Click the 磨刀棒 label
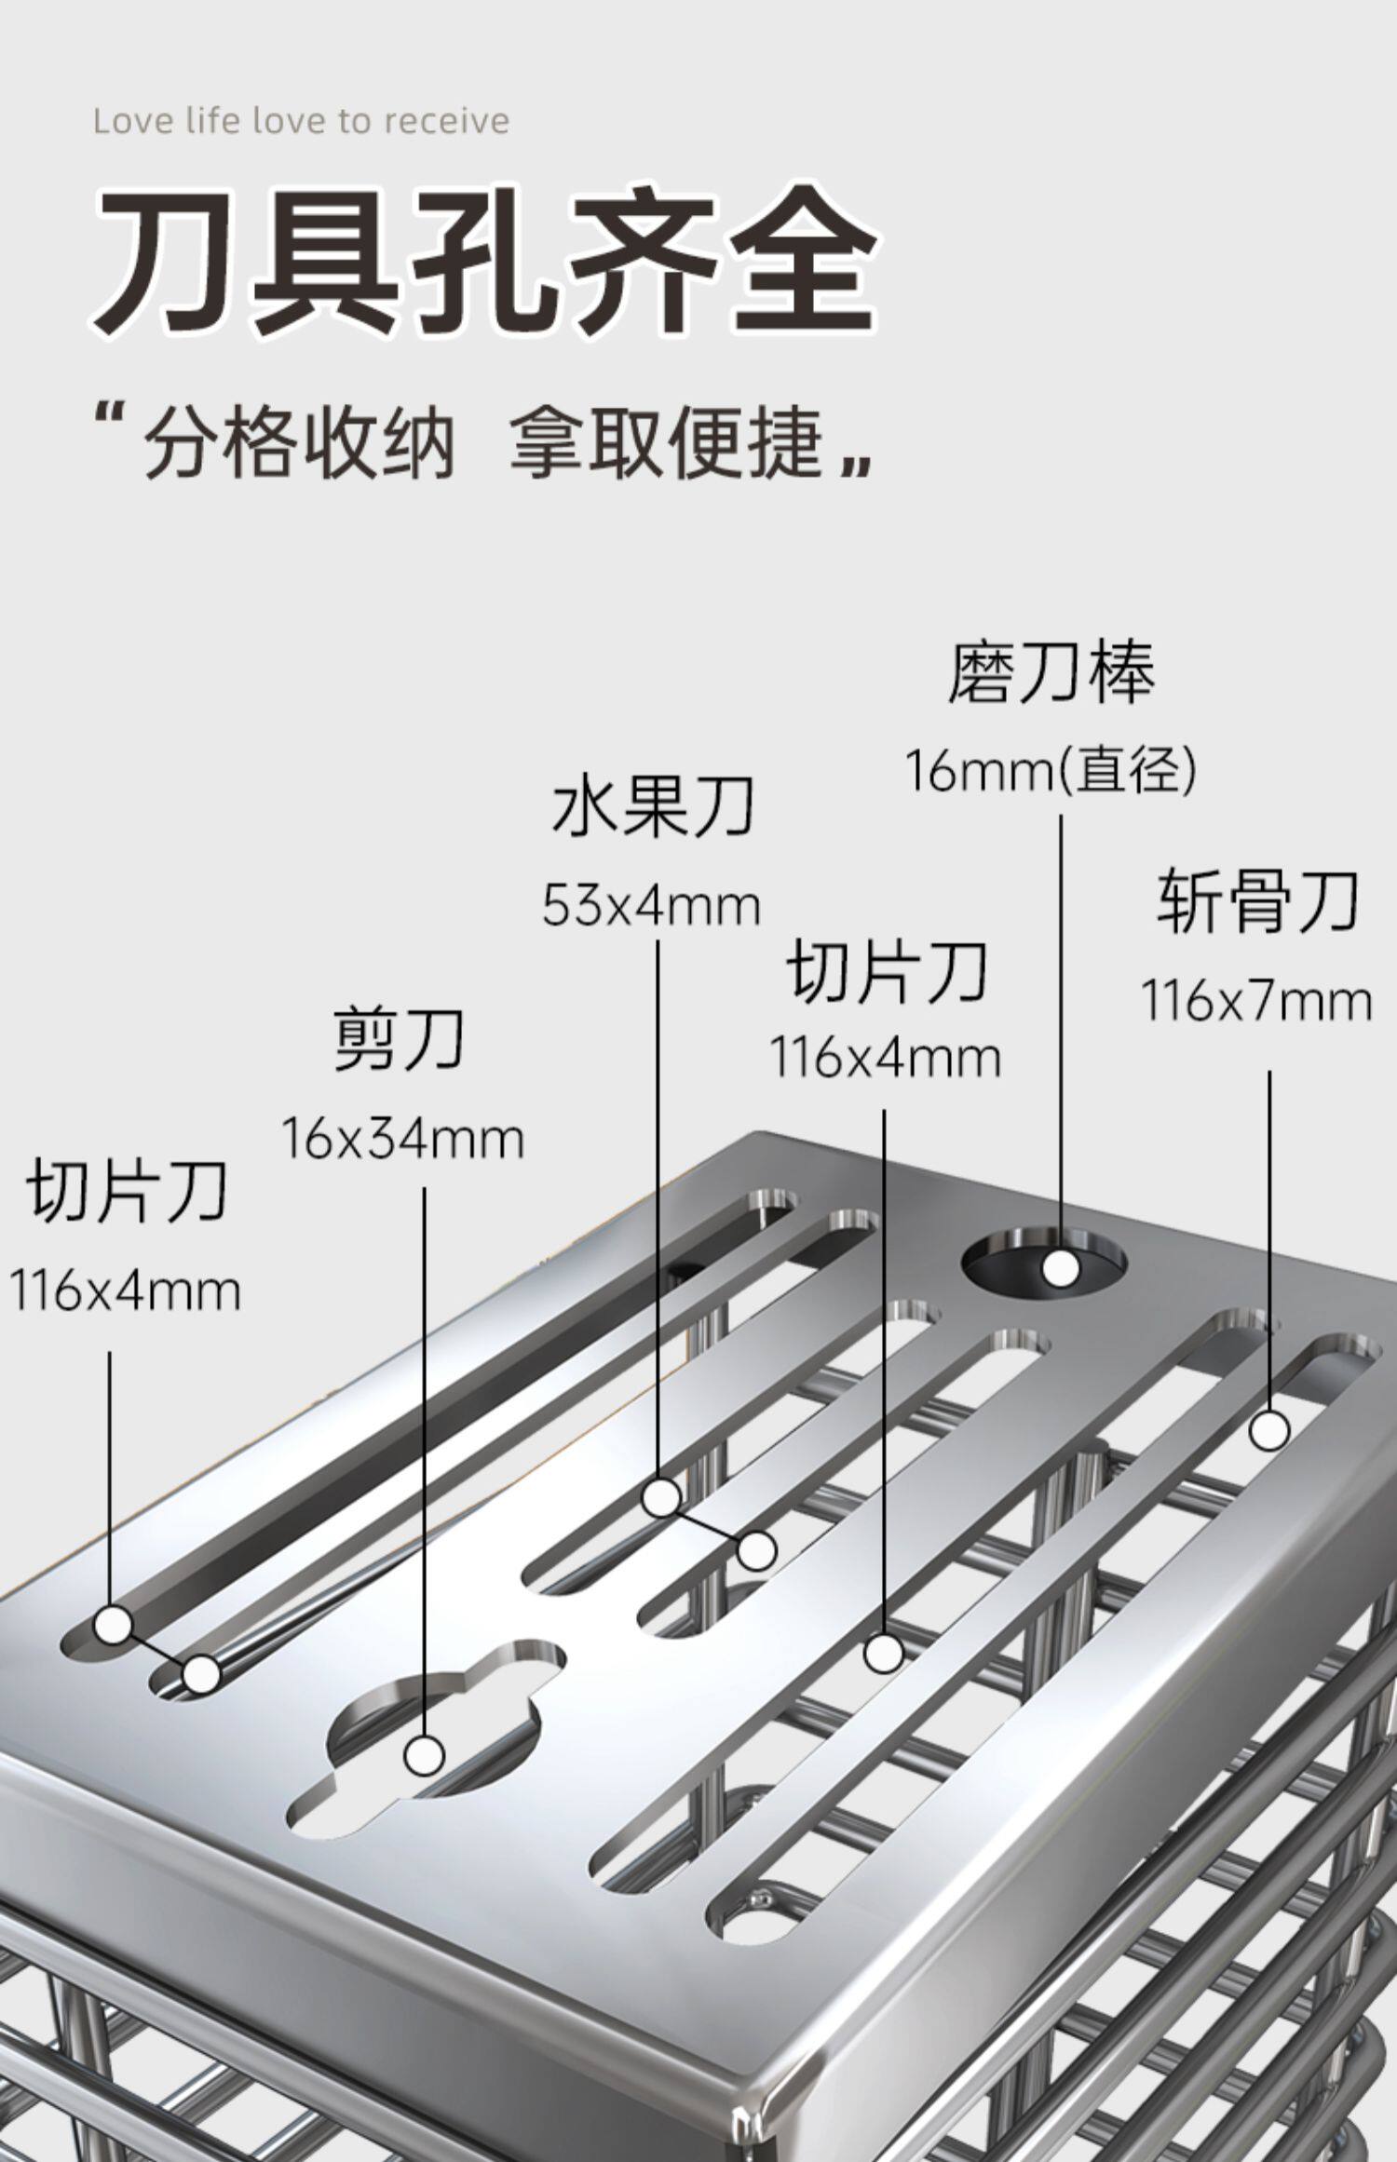(1051, 673)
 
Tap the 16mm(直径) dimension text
(1051, 772)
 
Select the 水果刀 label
(652, 806)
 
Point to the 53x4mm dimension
(652, 906)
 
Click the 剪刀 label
(400, 1040)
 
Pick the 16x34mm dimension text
(402, 1139)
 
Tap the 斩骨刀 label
(1257, 901)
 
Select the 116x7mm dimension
(1257, 1002)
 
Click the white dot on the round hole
(1060, 1268)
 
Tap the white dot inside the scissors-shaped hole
(425, 1755)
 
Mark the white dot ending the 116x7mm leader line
(1268, 1430)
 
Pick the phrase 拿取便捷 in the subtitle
(667, 444)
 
